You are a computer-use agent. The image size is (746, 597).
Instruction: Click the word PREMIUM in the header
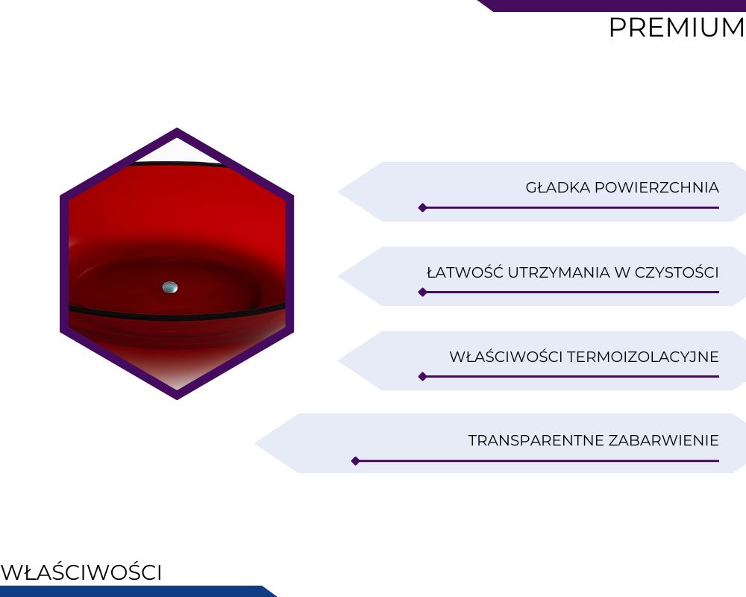click(x=677, y=28)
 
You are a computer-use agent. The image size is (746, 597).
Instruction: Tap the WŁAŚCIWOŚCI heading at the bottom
click(x=81, y=572)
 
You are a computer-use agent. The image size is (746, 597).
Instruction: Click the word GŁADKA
click(x=557, y=187)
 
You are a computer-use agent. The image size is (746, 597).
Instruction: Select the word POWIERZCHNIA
click(x=656, y=187)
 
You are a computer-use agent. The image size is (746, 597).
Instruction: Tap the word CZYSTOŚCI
click(x=677, y=273)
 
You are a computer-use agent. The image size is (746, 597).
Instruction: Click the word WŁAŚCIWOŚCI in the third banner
click(x=506, y=356)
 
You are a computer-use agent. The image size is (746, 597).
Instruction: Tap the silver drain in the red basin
click(x=170, y=287)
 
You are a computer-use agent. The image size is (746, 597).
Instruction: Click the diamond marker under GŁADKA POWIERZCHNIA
click(x=422, y=207)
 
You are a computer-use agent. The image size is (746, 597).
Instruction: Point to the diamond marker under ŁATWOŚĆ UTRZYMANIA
click(x=422, y=292)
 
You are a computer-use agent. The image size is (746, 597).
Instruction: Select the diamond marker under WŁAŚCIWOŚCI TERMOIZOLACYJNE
click(x=422, y=377)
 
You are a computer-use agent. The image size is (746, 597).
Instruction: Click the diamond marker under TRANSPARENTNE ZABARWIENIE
click(x=355, y=461)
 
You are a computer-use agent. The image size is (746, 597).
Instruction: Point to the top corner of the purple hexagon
click(x=177, y=128)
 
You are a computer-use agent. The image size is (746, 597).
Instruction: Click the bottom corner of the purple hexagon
click(x=177, y=399)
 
